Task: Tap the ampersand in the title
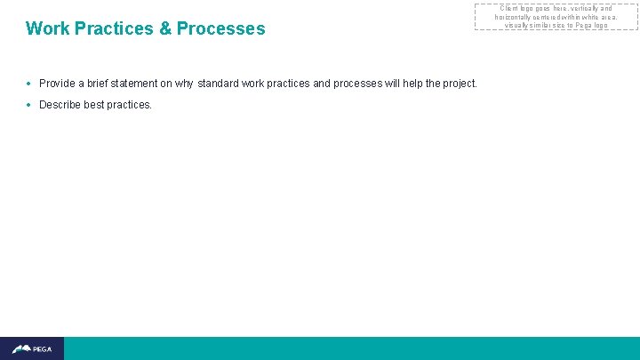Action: (x=165, y=28)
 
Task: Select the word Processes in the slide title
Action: (x=221, y=28)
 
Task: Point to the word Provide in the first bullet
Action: (x=57, y=84)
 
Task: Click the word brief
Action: (x=100, y=84)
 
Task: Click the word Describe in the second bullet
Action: (x=60, y=105)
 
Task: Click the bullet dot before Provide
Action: (x=29, y=84)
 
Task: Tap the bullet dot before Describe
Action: (x=29, y=105)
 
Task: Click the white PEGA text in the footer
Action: (x=43, y=349)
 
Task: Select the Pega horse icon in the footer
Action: (x=21, y=348)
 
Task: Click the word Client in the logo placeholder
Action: (x=510, y=9)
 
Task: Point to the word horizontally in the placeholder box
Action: (x=516, y=17)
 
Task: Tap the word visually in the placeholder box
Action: (x=517, y=25)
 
